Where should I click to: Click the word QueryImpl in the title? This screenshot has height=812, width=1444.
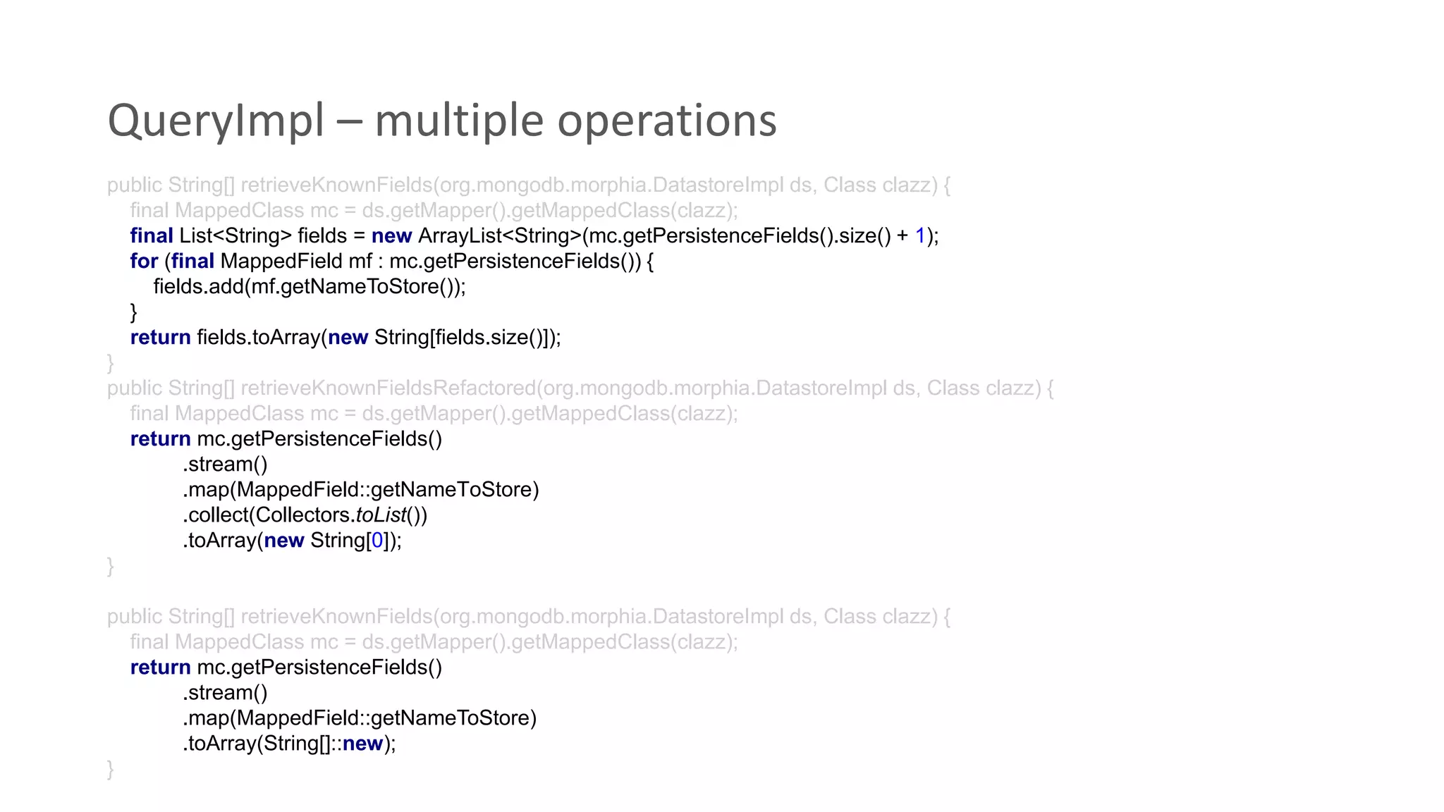click(x=216, y=121)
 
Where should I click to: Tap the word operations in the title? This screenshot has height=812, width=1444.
click(x=666, y=121)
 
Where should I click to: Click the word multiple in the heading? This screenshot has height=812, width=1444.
click(x=459, y=121)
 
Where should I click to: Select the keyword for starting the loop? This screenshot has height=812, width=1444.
click(x=144, y=262)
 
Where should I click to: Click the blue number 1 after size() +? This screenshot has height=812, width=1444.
click(x=920, y=236)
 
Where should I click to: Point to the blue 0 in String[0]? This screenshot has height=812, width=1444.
click(x=377, y=541)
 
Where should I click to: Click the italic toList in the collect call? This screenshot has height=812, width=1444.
click(x=381, y=515)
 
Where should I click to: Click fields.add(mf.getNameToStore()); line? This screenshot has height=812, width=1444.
click(x=310, y=287)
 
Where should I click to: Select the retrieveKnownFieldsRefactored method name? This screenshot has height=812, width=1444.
click(x=388, y=388)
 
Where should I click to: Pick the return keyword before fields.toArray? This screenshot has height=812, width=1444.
click(x=160, y=338)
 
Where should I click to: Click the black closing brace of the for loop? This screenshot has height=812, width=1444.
click(x=134, y=312)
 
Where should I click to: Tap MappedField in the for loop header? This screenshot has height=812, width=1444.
click(x=281, y=262)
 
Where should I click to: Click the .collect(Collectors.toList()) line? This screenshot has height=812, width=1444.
click(x=305, y=515)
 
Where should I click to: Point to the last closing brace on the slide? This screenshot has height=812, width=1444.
click(x=111, y=769)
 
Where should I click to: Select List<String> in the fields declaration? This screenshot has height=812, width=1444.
click(x=235, y=236)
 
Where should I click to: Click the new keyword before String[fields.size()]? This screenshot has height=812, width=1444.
click(x=348, y=338)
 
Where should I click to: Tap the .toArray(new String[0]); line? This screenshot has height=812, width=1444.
click(x=292, y=541)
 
